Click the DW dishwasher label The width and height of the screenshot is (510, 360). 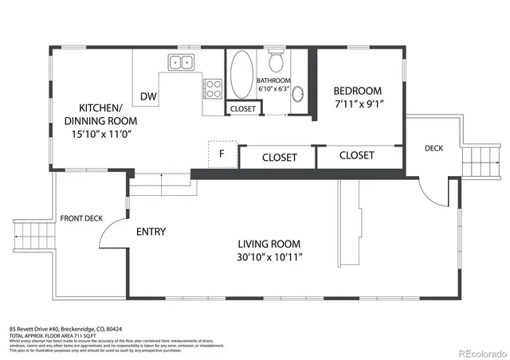pyautogui.click(x=148, y=96)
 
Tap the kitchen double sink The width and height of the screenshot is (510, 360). pyautogui.click(x=182, y=62)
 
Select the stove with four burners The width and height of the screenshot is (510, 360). pyautogui.click(x=213, y=86)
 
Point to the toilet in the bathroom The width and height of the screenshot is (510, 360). pyautogui.click(x=277, y=61)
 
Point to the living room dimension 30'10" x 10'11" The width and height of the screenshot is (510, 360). pyautogui.click(x=270, y=257)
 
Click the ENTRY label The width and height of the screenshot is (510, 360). pyautogui.click(x=151, y=232)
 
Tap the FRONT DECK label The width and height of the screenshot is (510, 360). pyautogui.click(x=80, y=218)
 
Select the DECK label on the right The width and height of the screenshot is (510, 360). pyautogui.click(x=433, y=148)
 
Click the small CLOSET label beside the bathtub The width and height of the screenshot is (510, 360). pyautogui.click(x=242, y=109)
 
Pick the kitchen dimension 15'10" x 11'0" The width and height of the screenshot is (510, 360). pyautogui.click(x=100, y=134)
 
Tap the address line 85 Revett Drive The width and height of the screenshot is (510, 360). pyautogui.click(x=65, y=328)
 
